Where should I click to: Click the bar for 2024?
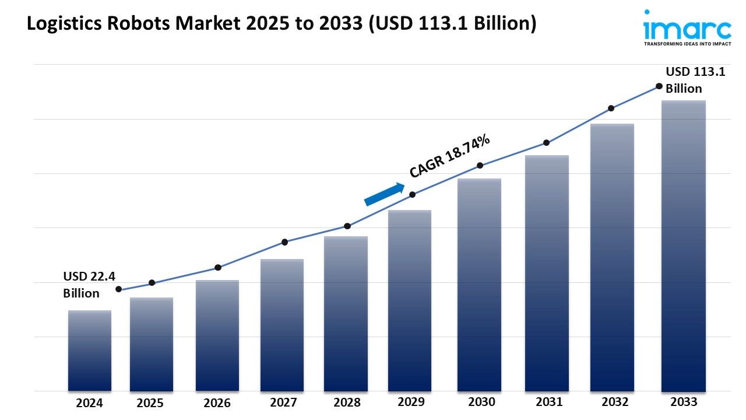coord(89,350)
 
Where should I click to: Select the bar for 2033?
coord(683,245)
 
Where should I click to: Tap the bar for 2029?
coord(410,300)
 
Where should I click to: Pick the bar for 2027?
coord(282,325)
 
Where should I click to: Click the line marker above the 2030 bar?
coord(480,166)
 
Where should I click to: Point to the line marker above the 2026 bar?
coord(218,268)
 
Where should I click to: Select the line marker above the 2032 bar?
coord(611,108)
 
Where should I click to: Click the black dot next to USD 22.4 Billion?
coord(119,289)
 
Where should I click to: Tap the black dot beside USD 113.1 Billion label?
coord(659,86)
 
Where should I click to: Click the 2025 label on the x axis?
coord(150,403)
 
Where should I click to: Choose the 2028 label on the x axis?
coord(347,402)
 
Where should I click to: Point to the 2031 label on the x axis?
coord(548,402)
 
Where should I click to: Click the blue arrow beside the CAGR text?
coord(385,194)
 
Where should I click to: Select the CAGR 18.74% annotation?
coord(450,155)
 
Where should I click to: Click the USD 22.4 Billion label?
coord(82,284)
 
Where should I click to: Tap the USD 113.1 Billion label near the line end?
coord(688,80)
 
